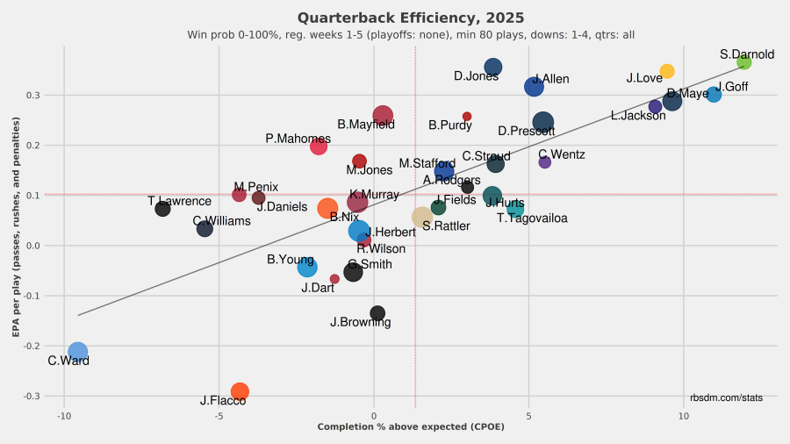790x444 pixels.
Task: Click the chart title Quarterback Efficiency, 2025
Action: tap(411, 18)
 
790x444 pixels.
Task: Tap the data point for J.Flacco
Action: tap(240, 391)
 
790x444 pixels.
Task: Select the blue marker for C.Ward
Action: tap(78, 352)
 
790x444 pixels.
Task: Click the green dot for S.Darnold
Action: tap(743, 62)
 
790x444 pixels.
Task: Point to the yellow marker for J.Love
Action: tap(667, 71)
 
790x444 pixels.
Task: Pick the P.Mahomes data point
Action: tap(319, 147)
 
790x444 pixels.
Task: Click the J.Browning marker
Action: tap(377, 313)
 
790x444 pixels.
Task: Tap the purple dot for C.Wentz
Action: tap(544, 162)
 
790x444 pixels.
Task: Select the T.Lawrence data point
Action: tap(162, 209)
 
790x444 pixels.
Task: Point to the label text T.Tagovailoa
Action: tap(532, 218)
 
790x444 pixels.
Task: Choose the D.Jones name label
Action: tap(477, 76)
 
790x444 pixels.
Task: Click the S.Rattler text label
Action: tap(446, 226)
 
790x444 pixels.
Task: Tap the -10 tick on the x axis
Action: tap(64, 416)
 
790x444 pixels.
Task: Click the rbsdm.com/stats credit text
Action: tap(726, 397)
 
